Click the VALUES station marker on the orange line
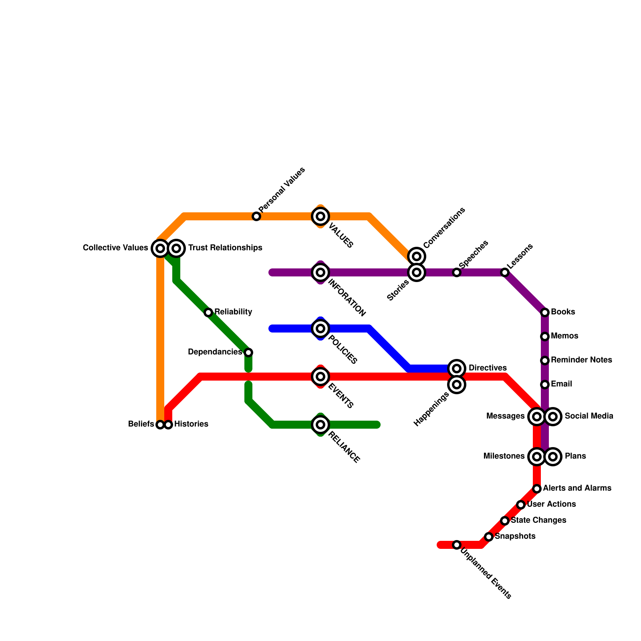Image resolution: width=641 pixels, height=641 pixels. [x=320, y=216]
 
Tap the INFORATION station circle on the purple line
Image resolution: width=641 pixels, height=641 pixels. [x=320, y=272]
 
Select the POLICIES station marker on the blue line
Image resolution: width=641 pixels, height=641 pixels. [x=320, y=329]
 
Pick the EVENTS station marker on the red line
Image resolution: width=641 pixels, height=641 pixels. [x=320, y=377]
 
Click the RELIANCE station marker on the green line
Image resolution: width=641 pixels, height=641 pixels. [x=320, y=424]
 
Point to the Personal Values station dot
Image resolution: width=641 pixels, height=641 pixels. [x=256, y=216]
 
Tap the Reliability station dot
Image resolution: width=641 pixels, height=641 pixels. [x=208, y=312]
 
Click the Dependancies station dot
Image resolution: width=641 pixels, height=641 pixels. [x=248, y=353]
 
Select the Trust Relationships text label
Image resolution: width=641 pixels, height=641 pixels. [x=225, y=248]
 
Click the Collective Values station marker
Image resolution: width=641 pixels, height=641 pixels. [x=160, y=248]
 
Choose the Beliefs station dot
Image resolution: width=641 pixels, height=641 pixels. [x=160, y=424]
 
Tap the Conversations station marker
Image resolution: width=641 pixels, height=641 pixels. [x=417, y=256]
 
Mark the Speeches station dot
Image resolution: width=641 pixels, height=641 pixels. [x=457, y=272]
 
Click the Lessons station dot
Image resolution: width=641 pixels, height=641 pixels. [x=505, y=272]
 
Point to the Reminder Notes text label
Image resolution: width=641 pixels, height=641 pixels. [x=581, y=360]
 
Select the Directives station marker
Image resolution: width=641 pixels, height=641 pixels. [x=457, y=368]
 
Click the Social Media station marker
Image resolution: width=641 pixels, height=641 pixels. [x=553, y=417]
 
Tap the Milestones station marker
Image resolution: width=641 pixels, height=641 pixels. [x=537, y=456]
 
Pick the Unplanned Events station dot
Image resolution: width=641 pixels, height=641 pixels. [x=457, y=545]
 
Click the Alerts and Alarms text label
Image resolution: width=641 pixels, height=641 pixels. [x=577, y=488]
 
